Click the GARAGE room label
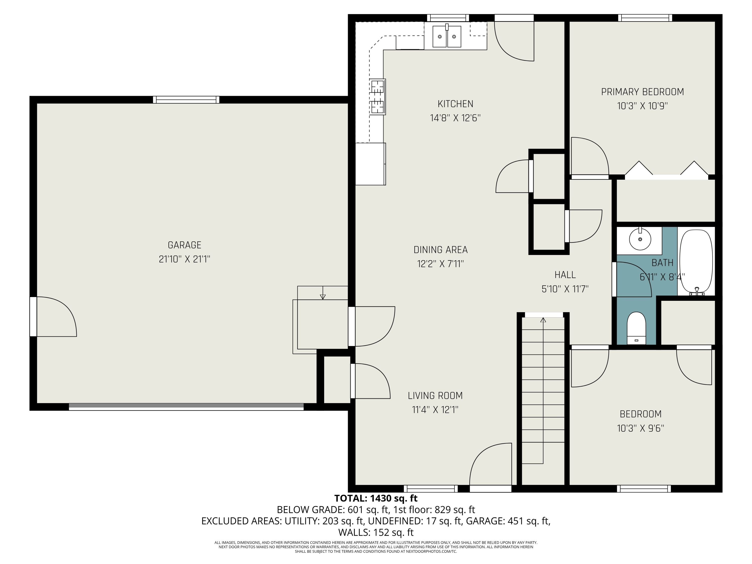[x=184, y=245]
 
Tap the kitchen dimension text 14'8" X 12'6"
[x=455, y=118]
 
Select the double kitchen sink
[x=447, y=36]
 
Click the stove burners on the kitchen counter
[x=377, y=97]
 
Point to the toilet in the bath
[x=636, y=328]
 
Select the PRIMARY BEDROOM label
[x=642, y=92]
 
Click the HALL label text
[x=565, y=275]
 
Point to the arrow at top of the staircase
[x=543, y=320]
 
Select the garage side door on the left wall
[x=33, y=317]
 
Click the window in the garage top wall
[x=186, y=100]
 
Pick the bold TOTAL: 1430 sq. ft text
[x=376, y=498]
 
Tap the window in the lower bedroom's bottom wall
[x=643, y=489]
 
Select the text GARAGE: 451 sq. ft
[x=508, y=521]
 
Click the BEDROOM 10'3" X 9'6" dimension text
[x=640, y=428]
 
